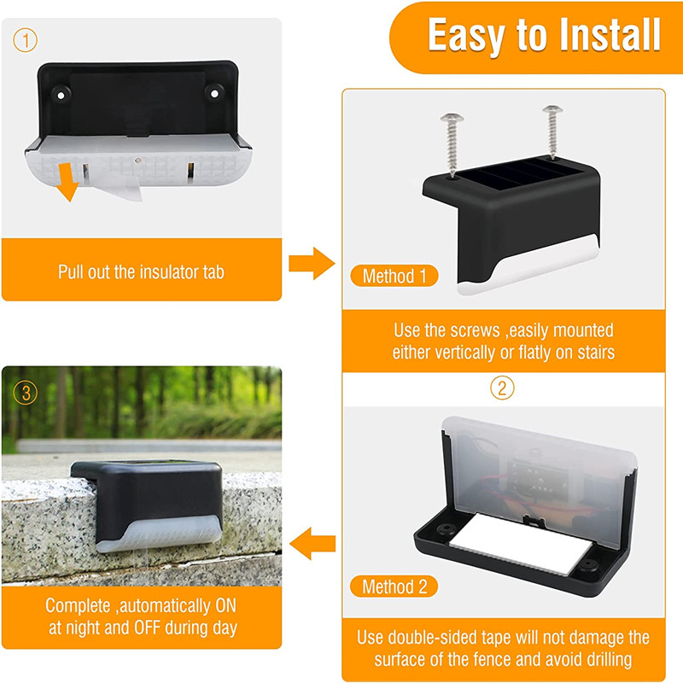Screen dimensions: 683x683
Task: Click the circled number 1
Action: [25, 39]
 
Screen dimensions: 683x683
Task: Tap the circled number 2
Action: [502, 388]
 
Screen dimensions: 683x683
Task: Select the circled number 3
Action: [25, 393]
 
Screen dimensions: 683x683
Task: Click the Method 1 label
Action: [393, 276]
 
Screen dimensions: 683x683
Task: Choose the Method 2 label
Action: [393, 587]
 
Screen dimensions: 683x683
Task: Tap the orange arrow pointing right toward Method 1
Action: [311, 264]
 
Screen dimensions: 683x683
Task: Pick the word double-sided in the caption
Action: [460, 637]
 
